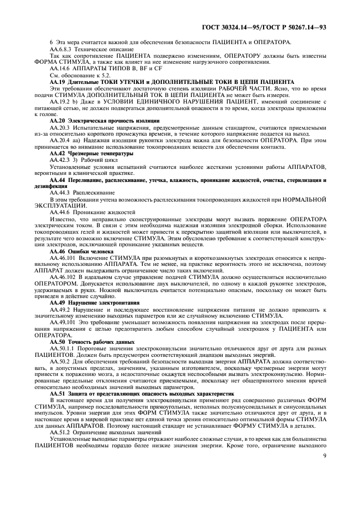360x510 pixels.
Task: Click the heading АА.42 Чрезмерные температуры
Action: coord(88,154)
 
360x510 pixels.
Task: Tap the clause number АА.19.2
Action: coord(60,101)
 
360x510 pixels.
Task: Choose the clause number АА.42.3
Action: coord(60,160)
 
